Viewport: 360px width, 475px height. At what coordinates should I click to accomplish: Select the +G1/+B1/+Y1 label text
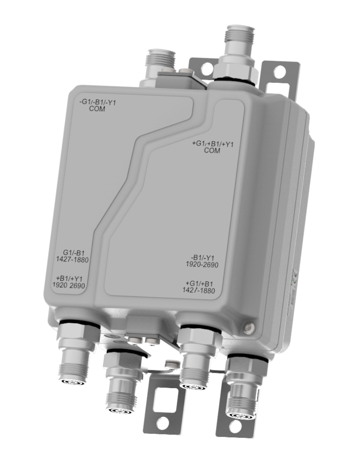coord(213,145)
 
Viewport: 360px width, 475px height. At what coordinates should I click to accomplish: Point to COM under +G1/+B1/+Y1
coord(213,151)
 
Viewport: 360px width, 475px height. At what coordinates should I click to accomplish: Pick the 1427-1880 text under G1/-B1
coord(72,260)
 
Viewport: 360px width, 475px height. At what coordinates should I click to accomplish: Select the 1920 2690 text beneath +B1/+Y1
coord(70,285)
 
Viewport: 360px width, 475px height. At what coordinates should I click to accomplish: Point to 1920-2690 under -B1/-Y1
coord(201,265)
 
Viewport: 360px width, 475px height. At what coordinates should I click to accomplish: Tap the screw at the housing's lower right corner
coord(249,328)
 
